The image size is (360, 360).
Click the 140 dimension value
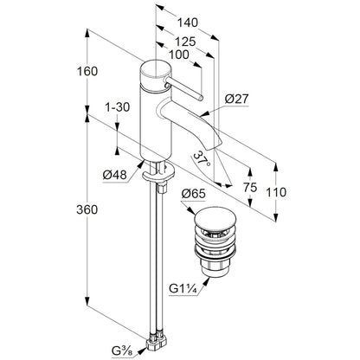click(188, 22)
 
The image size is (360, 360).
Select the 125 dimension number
click(185, 42)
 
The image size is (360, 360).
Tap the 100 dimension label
click(179, 55)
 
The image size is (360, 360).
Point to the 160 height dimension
click(87, 71)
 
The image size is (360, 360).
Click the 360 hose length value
click(87, 209)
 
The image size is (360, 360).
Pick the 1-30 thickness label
click(118, 107)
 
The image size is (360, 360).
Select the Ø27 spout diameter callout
click(236, 100)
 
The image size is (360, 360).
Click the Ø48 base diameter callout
click(114, 175)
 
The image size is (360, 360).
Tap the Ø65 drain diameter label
click(194, 194)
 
